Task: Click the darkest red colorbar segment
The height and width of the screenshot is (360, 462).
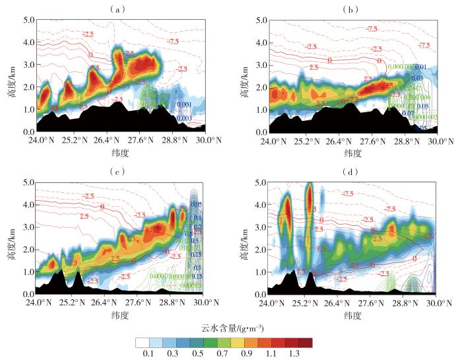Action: point(306,343)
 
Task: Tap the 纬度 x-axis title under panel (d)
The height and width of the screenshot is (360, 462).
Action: point(352,316)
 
